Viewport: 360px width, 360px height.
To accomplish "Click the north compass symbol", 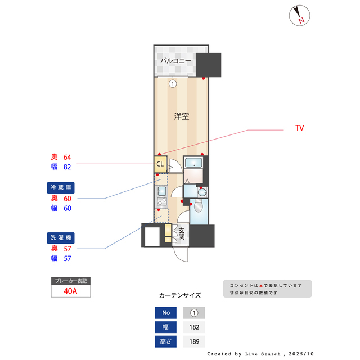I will (x=300, y=15).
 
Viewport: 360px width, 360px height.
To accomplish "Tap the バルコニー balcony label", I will (x=175, y=60).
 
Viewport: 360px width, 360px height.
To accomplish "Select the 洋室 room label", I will (x=181, y=116).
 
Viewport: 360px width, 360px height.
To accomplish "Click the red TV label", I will (x=299, y=129).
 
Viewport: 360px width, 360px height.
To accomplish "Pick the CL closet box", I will (x=160, y=164).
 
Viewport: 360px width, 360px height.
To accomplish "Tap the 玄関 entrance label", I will (x=182, y=234).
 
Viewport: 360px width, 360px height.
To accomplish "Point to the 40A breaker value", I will (x=70, y=291).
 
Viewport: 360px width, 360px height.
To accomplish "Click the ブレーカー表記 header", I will (x=70, y=281).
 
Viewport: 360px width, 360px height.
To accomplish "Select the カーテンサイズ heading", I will (x=179, y=295).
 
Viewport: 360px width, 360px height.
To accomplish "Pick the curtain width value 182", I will (x=194, y=327).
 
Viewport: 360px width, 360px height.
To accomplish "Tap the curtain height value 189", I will (x=194, y=341).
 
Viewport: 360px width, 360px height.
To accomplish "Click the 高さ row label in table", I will (x=165, y=341).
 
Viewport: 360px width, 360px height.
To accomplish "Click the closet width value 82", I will (x=67, y=167).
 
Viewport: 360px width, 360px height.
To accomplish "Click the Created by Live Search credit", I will (x=260, y=354).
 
